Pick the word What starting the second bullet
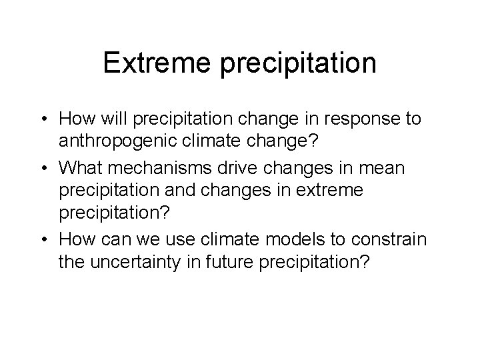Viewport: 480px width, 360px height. coord(83,169)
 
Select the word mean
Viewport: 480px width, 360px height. coord(385,169)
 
